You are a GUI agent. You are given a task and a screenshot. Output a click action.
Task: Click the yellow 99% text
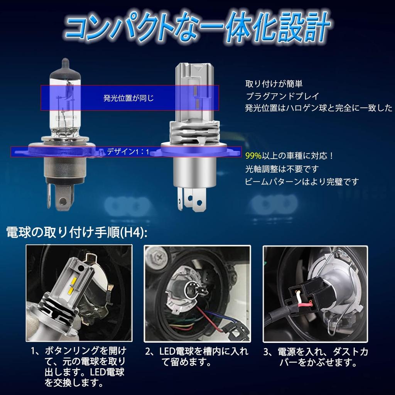(x=253, y=156)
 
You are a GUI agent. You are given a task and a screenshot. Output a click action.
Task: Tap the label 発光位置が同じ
(x=128, y=98)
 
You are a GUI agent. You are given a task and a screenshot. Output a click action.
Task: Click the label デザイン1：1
(x=128, y=152)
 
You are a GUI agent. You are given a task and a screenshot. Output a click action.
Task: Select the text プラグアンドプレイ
(x=282, y=96)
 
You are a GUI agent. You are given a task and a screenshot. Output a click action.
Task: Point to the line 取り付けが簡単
(x=274, y=84)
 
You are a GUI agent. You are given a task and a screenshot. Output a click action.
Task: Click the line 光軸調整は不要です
(x=282, y=169)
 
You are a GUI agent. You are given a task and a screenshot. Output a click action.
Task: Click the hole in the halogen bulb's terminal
(x=63, y=201)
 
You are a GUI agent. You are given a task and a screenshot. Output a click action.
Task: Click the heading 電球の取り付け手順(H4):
(x=77, y=232)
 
